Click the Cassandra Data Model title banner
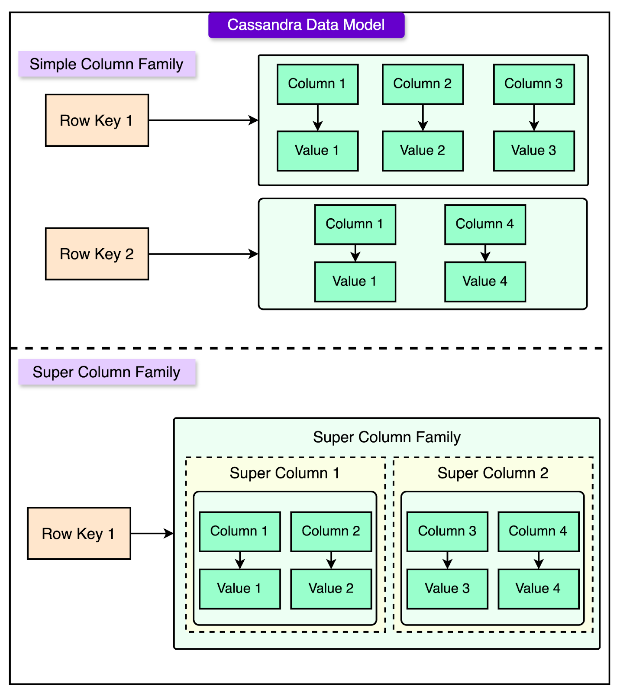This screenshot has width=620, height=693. [x=306, y=25]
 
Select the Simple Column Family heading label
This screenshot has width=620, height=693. [x=107, y=64]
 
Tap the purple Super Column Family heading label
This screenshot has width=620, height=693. [x=107, y=372]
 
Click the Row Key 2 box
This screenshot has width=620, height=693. [x=97, y=254]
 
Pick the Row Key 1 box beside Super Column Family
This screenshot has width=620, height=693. [x=79, y=534]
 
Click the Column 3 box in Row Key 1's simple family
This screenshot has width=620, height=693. [x=534, y=84]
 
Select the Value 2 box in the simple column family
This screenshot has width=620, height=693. [x=423, y=151]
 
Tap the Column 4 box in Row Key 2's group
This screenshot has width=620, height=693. [x=485, y=224]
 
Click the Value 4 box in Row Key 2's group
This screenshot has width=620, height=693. [x=485, y=282]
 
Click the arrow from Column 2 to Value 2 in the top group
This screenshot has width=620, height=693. [x=423, y=117]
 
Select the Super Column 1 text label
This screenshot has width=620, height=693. [x=284, y=473]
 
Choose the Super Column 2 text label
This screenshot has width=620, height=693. [x=493, y=473]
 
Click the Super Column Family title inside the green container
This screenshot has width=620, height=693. [x=387, y=437]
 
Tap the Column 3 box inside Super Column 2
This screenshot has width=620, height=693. [x=447, y=531]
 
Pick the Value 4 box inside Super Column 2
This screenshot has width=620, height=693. [x=538, y=589]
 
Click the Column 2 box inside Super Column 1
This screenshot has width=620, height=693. [x=331, y=531]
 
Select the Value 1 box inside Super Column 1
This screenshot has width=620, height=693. [x=240, y=589]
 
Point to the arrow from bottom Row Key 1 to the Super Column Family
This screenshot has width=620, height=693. [x=152, y=534]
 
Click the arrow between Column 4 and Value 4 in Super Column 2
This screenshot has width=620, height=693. [x=539, y=560]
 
